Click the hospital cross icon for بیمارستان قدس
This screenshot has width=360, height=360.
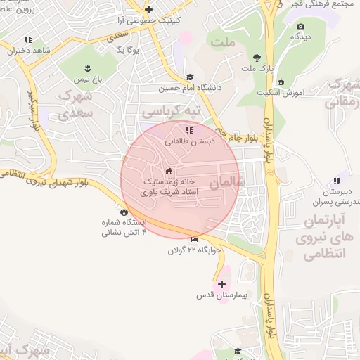click(x=222, y=285)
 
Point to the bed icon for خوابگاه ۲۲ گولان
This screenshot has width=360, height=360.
click(x=194, y=239)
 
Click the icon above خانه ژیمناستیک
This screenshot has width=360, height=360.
click(x=168, y=171)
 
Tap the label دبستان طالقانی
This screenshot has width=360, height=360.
click(x=188, y=141)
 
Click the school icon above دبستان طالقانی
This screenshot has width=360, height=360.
click(x=188, y=130)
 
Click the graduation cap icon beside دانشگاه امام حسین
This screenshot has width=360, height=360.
click(x=189, y=77)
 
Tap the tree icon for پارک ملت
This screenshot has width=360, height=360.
click(x=255, y=58)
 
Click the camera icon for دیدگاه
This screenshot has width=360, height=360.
click(x=300, y=27)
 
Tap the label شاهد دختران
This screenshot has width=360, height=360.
click(x=27, y=51)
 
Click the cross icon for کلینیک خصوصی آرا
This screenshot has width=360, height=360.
click(x=148, y=9)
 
